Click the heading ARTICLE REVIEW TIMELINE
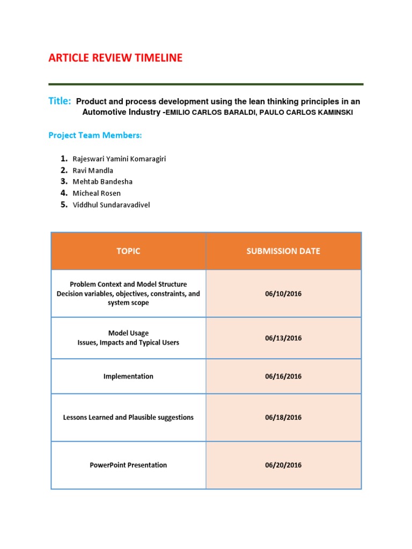[115, 58]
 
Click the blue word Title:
[60, 101]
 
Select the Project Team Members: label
[95, 135]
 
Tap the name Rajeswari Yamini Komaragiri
[123, 159]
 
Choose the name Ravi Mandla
[93, 170]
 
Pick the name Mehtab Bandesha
[102, 182]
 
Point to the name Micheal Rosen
[97, 193]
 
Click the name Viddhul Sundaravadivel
[111, 205]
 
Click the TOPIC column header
[128, 251]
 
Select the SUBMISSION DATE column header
[283, 251]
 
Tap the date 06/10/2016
[283, 294]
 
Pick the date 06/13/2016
[283, 338]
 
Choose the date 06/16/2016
[283, 376]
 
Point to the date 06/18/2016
[283, 417]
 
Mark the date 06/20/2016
[283, 465]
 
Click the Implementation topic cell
[128, 376]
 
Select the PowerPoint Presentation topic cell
[128, 465]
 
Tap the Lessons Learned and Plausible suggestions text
[128, 417]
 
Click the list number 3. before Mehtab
[64, 181]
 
